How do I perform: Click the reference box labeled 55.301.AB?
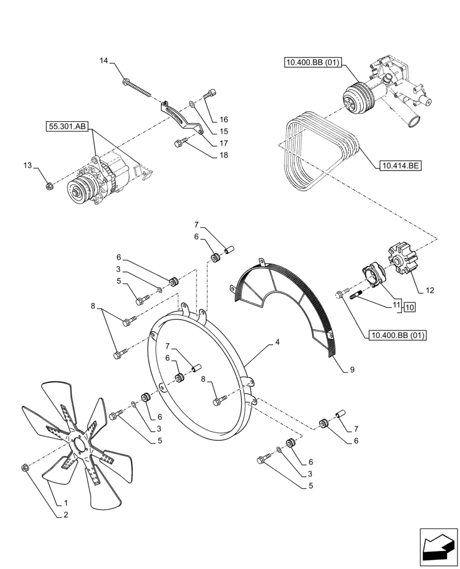(x=66, y=127)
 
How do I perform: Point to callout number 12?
(x=429, y=290)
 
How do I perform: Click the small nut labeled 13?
(x=49, y=184)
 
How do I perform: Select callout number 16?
(x=223, y=119)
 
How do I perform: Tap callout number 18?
(x=224, y=155)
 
